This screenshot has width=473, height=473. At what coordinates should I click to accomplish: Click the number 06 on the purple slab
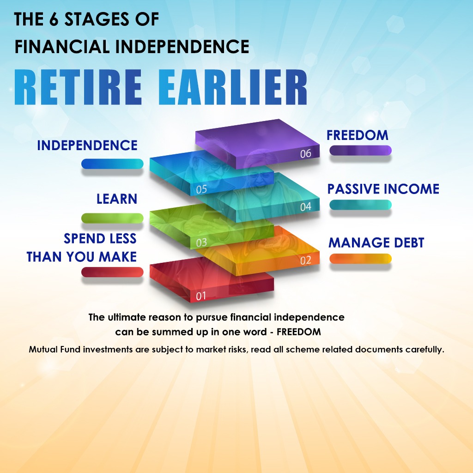tap(306, 153)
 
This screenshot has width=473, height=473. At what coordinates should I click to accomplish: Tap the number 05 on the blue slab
tap(201, 189)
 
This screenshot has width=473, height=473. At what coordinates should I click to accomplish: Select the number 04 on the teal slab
tap(306, 207)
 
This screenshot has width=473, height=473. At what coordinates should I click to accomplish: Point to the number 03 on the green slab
tap(201, 243)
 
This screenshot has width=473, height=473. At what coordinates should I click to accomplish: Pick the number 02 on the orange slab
tap(306, 261)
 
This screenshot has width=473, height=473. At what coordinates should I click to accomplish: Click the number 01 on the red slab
tap(201, 296)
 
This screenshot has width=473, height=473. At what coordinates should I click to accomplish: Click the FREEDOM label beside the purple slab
tap(358, 135)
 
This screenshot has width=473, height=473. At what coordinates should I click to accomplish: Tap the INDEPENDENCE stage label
tap(87, 146)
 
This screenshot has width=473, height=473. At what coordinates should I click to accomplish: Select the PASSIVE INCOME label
tap(383, 189)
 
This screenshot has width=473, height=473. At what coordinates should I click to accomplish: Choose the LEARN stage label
tap(117, 199)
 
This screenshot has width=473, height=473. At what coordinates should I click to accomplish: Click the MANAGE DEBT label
tap(376, 243)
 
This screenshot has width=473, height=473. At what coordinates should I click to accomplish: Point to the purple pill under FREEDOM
tap(360, 150)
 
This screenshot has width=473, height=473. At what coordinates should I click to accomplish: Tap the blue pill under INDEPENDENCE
tap(112, 164)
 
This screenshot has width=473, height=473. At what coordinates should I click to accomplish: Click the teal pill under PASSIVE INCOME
tap(360, 205)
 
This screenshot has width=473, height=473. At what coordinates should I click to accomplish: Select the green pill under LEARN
tap(112, 218)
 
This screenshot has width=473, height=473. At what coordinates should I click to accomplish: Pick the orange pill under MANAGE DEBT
tap(360, 259)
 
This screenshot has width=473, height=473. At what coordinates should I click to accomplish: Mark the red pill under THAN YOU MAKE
tap(112, 272)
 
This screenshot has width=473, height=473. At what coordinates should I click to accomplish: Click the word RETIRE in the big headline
tap(78, 87)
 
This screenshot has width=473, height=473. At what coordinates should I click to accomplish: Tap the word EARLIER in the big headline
tap(233, 87)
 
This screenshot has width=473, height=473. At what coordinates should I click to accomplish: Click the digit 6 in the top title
tap(54, 19)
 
